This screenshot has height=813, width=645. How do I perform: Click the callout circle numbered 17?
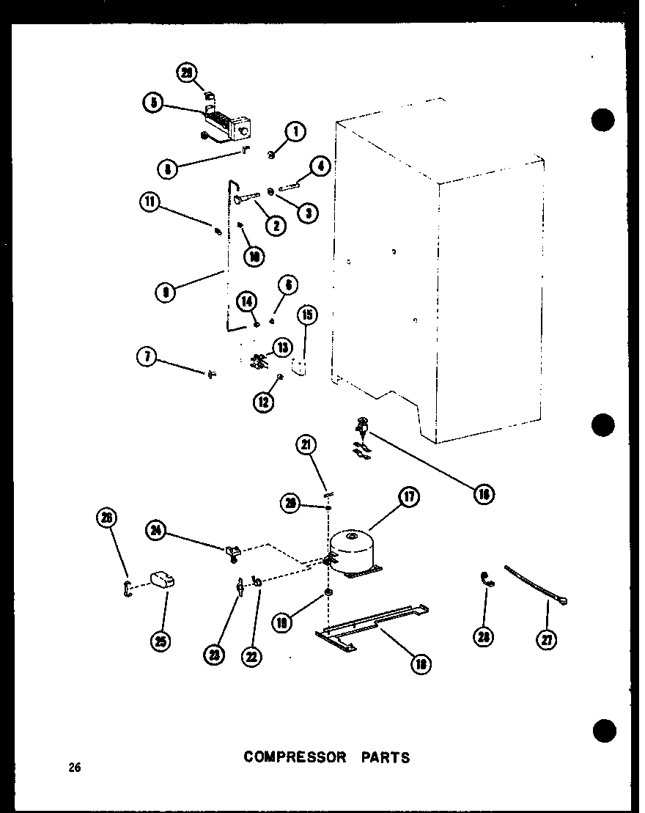408,497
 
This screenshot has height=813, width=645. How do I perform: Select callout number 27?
547,640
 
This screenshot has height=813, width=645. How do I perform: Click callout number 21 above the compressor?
306,444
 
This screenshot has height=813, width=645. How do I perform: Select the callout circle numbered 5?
152,103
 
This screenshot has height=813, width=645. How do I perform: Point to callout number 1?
295,132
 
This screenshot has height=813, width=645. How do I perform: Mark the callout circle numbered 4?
320,167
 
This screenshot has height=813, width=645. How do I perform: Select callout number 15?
308,316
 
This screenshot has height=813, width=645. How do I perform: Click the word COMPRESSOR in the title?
295,757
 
